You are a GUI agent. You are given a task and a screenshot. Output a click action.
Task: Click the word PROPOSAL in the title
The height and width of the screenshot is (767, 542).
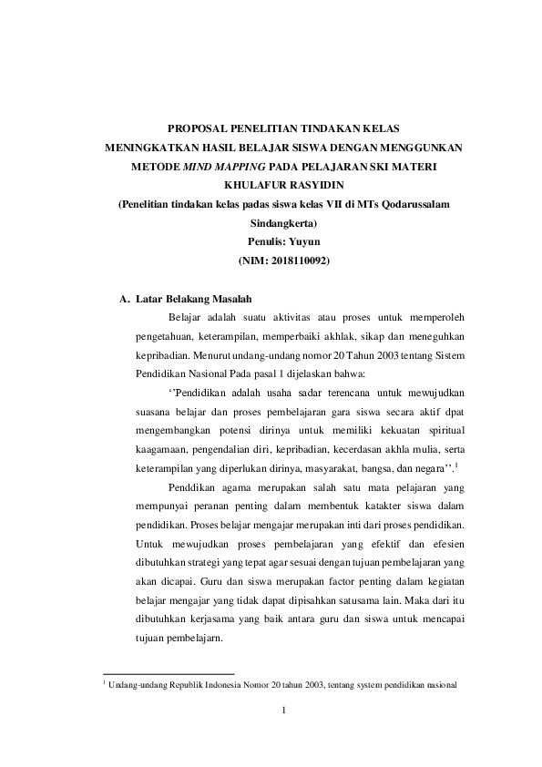pyautogui.click(x=198, y=128)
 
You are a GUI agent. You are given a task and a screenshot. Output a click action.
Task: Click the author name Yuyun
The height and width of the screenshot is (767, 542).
pyautogui.click(x=310, y=240)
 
